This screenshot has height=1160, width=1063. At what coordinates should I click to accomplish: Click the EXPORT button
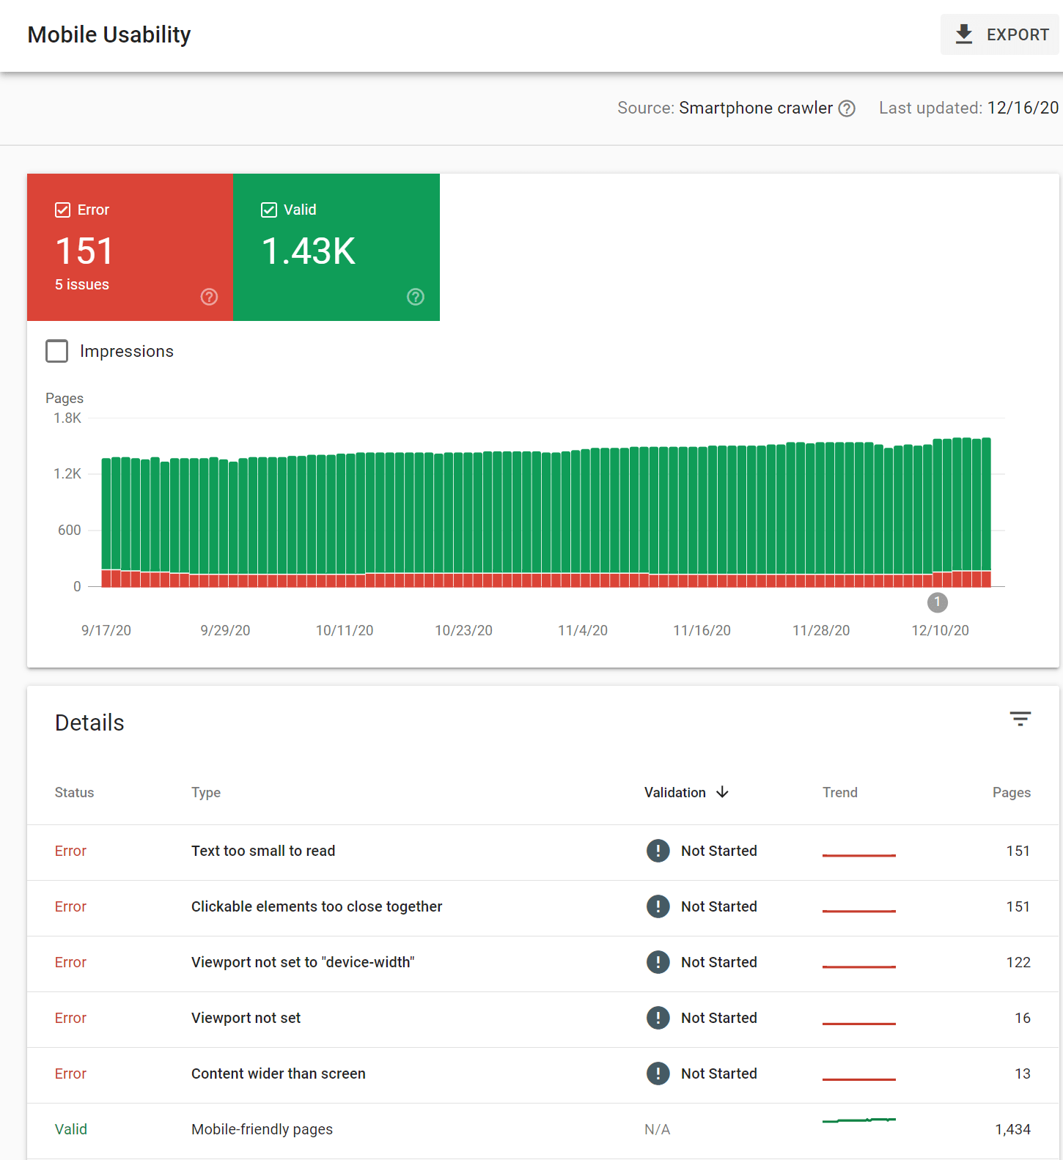pos(1001,34)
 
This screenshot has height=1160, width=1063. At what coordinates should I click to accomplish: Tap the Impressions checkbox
pos(57,351)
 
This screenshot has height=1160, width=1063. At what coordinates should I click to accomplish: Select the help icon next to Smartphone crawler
pos(847,108)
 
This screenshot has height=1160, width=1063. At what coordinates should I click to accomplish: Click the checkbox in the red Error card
pos(63,210)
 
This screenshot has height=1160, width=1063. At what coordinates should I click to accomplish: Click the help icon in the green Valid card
pos(416,297)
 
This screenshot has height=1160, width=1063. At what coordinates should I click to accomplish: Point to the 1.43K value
pos(309,251)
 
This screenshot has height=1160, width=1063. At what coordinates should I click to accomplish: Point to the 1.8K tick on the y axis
pos(67,418)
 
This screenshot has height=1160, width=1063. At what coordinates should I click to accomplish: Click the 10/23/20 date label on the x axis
pos(463,630)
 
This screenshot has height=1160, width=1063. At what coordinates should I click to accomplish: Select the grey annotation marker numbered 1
pos(937,602)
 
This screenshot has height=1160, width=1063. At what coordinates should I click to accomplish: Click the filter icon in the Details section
pos(1020,719)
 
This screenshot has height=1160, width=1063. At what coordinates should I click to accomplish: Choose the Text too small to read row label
pos(263,851)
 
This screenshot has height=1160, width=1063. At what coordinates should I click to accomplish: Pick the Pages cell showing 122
pos(1018,962)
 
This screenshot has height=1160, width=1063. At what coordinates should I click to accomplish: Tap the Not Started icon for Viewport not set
pos(658,1018)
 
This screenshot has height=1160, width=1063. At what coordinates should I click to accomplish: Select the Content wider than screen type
pos(279,1074)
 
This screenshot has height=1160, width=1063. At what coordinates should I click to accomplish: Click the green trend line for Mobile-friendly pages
pos(859,1120)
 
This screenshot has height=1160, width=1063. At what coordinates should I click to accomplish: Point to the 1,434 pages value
pos(1012,1129)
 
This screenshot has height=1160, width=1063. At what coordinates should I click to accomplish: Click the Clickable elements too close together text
pos(317,906)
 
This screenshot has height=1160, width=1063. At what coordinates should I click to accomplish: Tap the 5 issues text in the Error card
pos(82,285)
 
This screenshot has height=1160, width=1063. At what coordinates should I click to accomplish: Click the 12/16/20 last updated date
pos(1023,108)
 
